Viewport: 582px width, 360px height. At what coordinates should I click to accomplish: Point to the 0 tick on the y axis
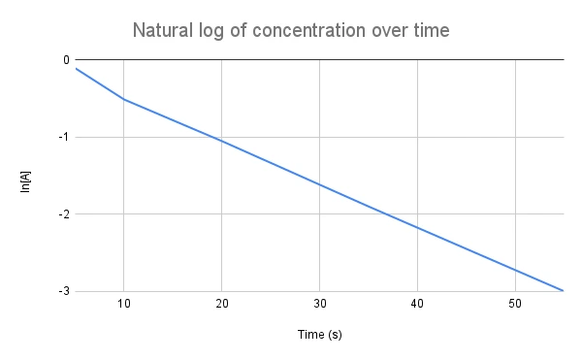point(65,60)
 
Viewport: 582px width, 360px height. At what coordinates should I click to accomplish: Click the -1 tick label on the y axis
point(63,137)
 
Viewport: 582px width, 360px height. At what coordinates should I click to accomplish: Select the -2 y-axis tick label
point(63,213)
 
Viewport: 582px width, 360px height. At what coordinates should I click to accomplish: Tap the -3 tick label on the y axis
point(63,291)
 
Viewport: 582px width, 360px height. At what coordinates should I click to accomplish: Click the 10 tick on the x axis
point(124,305)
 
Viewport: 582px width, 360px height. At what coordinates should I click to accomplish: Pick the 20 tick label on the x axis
point(222,305)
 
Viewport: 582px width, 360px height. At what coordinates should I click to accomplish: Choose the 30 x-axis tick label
point(320,305)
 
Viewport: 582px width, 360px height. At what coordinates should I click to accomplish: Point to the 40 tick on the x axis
point(417,305)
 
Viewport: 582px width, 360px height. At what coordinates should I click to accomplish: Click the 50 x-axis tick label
point(515,305)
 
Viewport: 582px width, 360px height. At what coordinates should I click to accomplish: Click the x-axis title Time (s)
point(319,335)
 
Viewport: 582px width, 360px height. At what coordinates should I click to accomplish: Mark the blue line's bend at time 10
point(124,99)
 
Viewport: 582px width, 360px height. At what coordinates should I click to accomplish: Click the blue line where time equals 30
point(320,183)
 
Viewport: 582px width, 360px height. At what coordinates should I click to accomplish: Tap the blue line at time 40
point(417,227)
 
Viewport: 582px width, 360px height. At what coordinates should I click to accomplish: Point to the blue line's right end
point(564,290)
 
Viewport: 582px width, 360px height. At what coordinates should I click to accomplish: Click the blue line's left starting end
point(76,68)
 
